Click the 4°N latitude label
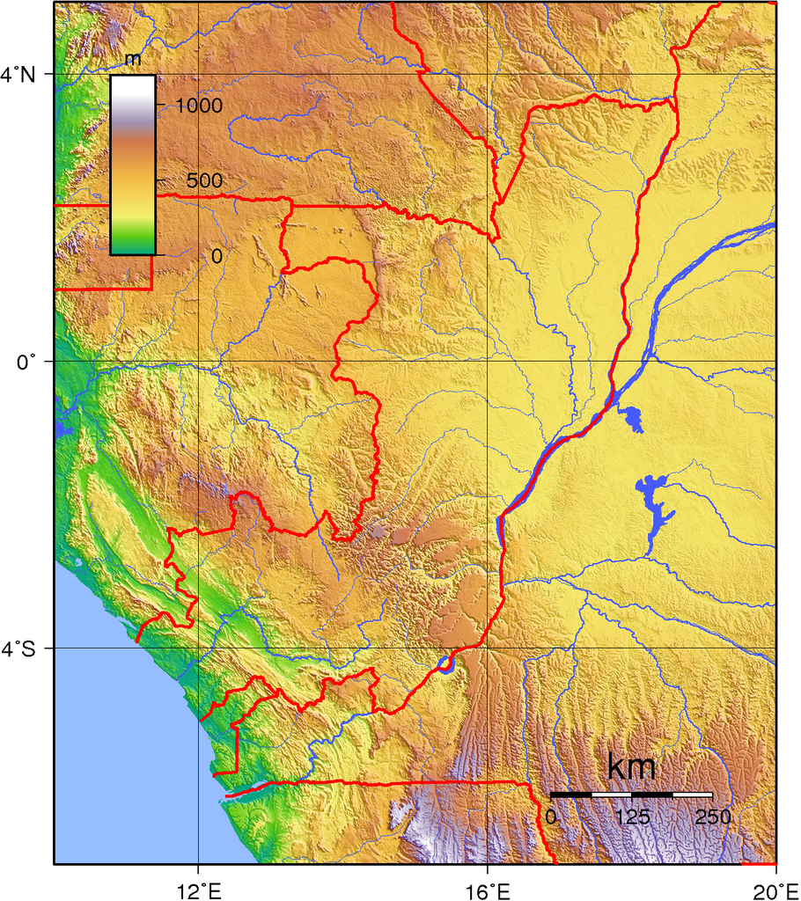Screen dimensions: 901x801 (x=18, y=75)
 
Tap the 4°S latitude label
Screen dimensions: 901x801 (x=18, y=649)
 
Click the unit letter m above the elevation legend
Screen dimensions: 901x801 (x=133, y=59)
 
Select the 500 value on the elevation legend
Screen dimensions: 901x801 (x=203, y=180)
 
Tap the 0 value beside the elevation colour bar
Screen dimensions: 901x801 (x=217, y=255)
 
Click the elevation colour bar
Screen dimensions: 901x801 (x=133, y=165)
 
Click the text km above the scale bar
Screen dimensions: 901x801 (x=631, y=767)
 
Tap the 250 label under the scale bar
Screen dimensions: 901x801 (x=712, y=817)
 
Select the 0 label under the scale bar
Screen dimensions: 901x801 (x=552, y=817)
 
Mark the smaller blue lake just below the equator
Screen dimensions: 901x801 (x=631, y=418)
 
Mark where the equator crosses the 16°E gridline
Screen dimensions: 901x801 (x=487, y=362)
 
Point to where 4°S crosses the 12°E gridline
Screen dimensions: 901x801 (x=198, y=648)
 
